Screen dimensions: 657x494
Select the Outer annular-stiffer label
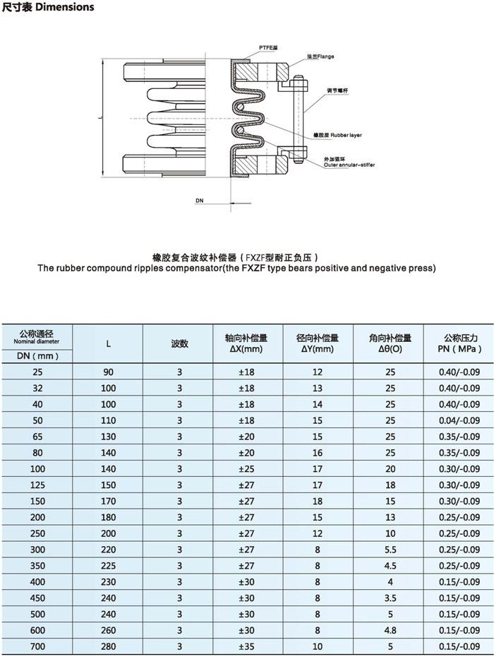349,164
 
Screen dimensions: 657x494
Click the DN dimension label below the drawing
200,201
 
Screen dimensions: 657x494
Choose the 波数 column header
179,344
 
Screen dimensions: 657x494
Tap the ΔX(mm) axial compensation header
248,349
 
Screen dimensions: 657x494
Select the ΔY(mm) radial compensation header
318,349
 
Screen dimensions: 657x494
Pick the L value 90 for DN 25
109,372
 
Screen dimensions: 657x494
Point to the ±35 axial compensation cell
248,646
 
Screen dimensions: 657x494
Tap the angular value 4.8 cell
390,629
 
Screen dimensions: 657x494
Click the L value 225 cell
109,565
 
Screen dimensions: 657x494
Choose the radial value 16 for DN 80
318,453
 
